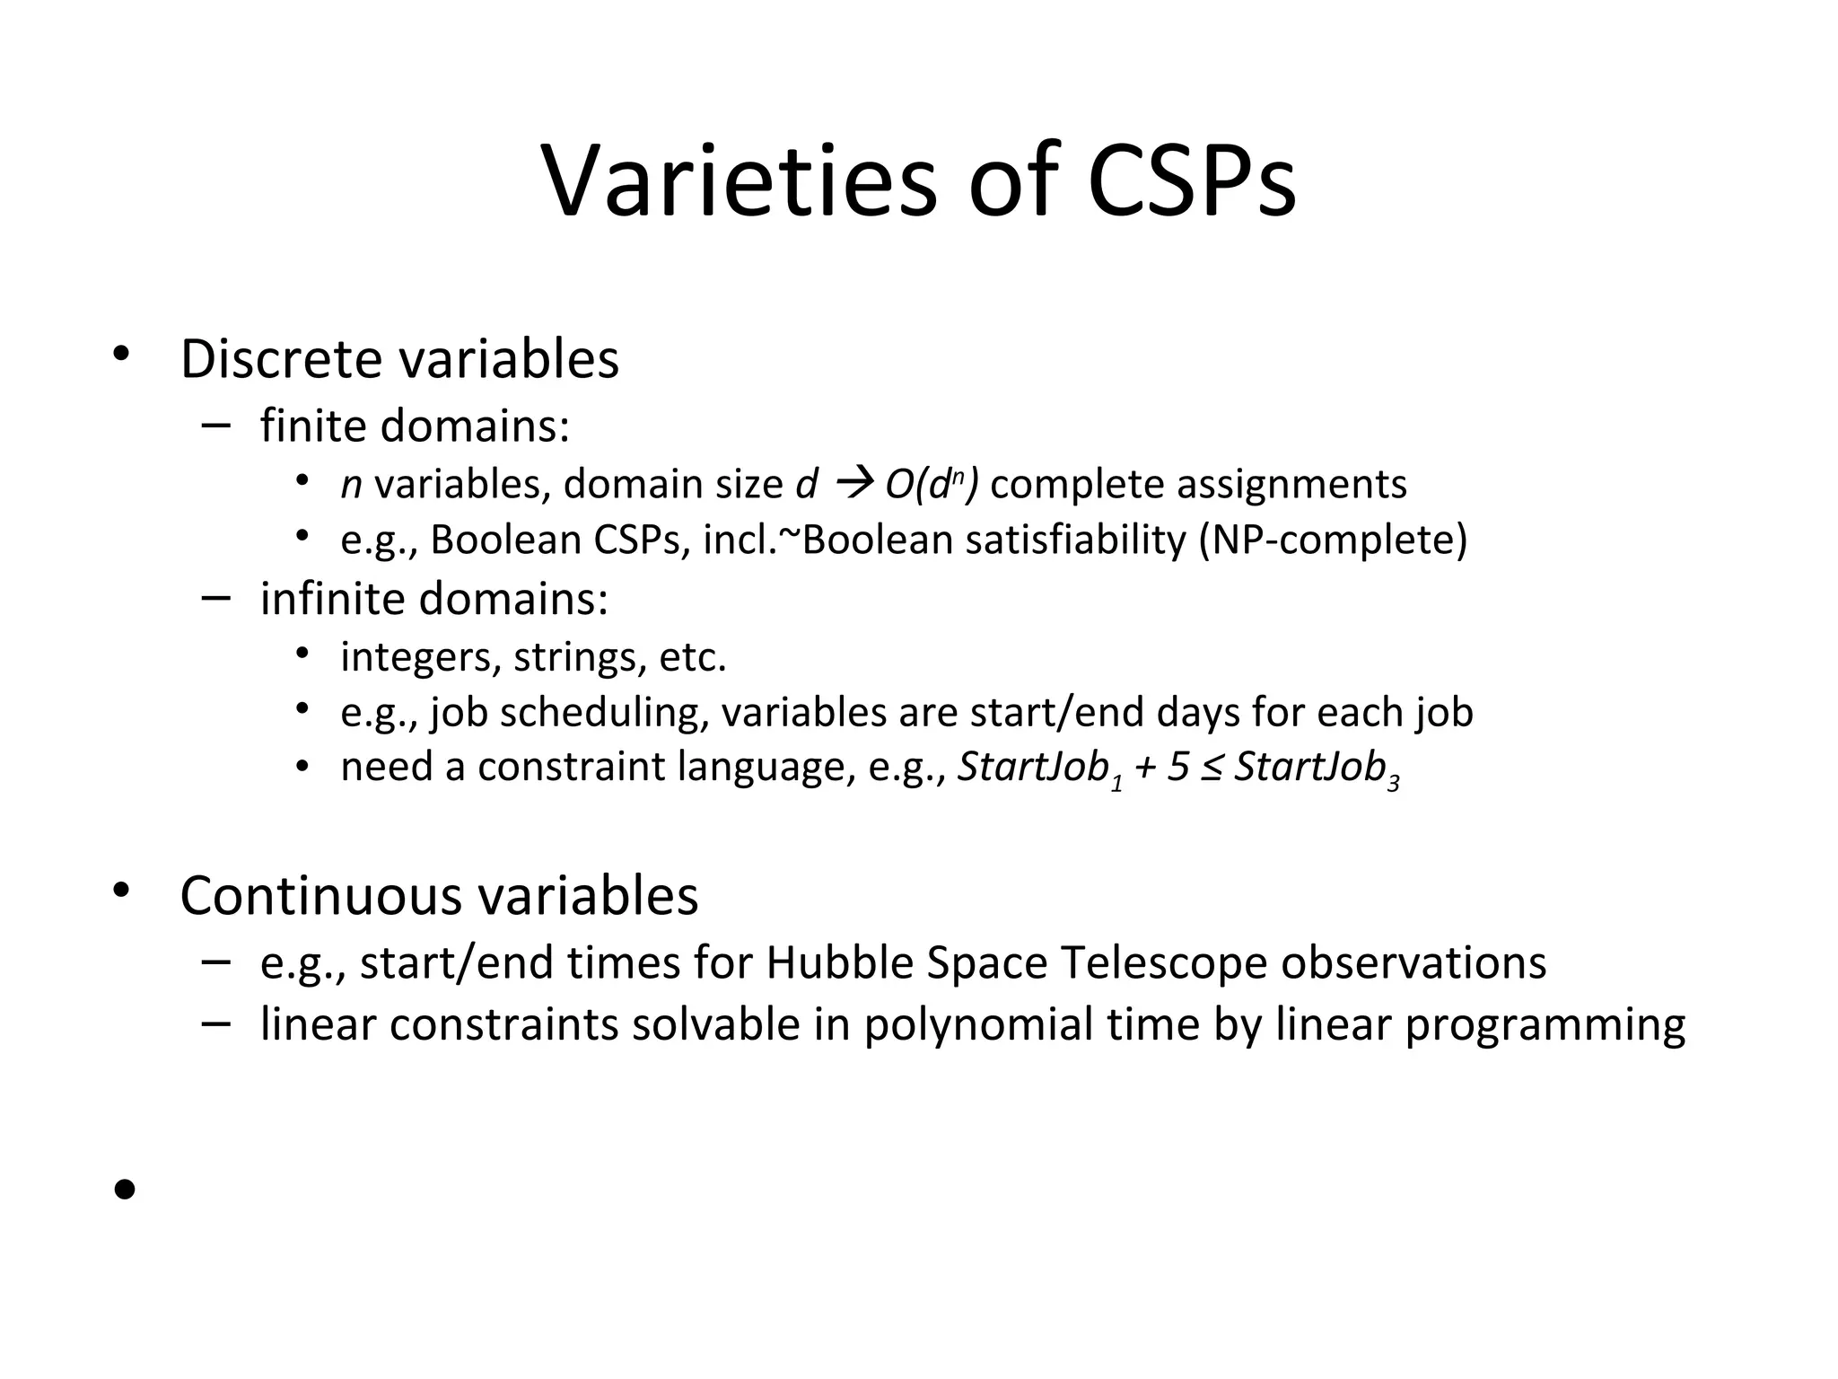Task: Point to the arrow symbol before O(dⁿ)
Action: [x=850, y=485]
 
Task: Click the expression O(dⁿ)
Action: [x=932, y=485]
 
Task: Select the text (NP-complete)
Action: [x=1333, y=540]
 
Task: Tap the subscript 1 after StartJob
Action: [x=1116, y=784]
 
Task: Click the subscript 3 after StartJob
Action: [x=1393, y=784]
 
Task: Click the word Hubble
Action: [x=839, y=962]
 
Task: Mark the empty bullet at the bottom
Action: [x=125, y=1190]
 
